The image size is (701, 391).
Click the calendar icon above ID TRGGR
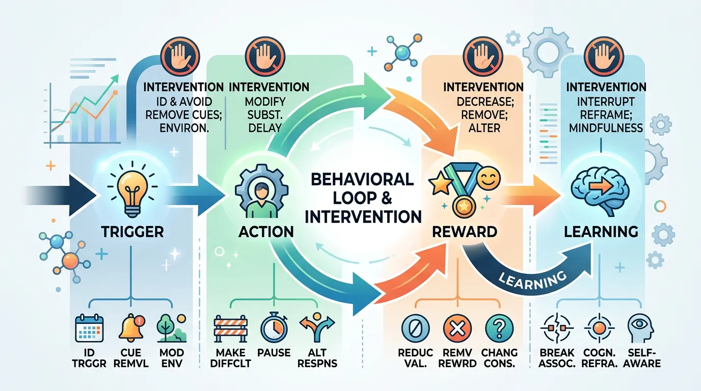coord(89,329)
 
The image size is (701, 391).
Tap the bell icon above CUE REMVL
coord(131,329)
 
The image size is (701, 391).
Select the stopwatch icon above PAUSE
coord(275,329)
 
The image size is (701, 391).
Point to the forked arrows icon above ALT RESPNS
coord(316,329)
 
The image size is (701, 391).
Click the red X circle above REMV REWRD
coord(456,329)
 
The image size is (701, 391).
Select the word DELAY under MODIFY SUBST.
coord(265,127)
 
